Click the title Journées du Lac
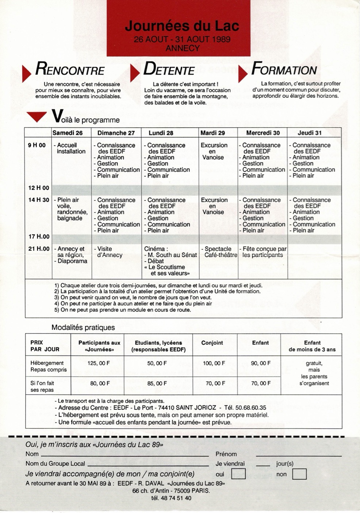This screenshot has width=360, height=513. click(182, 26)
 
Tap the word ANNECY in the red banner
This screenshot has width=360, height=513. click(183, 48)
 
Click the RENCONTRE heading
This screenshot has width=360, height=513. click(70, 69)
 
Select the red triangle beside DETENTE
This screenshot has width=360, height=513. click(135, 73)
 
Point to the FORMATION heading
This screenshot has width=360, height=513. click(284, 69)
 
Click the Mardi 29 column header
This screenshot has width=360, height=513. click(212, 133)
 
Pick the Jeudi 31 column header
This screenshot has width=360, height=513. click(310, 133)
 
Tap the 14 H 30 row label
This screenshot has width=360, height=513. click(38, 200)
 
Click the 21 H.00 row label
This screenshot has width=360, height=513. click(39, 249)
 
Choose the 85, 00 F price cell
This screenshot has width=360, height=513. click(157, 383)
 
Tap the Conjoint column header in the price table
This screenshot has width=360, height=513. click(212, 343)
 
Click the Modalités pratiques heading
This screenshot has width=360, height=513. click(83, 327)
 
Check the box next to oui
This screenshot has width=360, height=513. click(238, 474)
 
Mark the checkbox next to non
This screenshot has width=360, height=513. click(299, 474)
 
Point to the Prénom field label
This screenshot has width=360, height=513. click(226, 454)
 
